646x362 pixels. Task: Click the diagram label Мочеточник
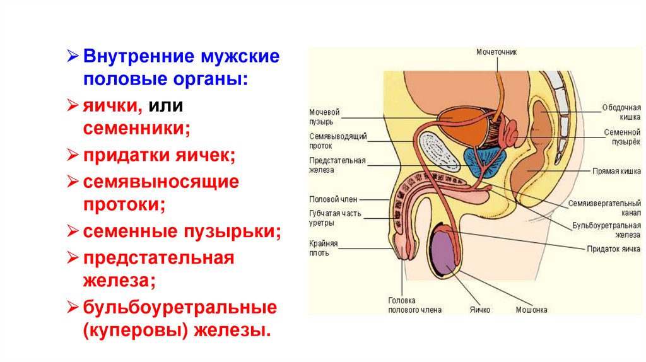click(x=496, y=52)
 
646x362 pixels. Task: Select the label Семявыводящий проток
click(x=338, y=141)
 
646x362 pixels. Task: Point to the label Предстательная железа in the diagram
click(x=338, y=165)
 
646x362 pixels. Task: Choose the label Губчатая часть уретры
click(x=336, y=218)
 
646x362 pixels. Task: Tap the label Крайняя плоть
click(x=324, y=248)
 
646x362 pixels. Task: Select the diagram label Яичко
click(x=479, y=310)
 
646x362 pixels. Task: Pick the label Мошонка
click(x=531, y=310)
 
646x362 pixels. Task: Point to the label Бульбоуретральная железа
click(x=607, y=230)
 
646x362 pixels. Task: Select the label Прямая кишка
click(x=616, y=171)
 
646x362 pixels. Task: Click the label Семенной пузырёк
click(x=622, y=137)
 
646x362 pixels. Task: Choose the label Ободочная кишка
click(x=621, y=112)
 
